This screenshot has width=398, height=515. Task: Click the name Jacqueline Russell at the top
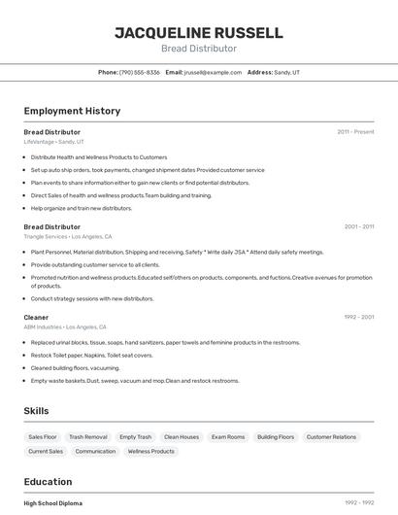[x=199, y=32]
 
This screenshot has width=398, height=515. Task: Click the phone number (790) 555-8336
[x=140, y=72]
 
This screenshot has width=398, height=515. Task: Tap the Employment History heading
[x=72, y=111]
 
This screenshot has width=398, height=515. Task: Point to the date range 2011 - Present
[x=355, y=131]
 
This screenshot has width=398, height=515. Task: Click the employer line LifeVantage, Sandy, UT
[x=53, y=142]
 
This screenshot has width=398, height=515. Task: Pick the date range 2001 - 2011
[x=359, y=226]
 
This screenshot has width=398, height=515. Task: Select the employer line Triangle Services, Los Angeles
[x=68, y=236]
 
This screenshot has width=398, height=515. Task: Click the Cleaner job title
[x=36, y=317]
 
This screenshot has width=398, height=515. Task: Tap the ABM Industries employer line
[x=65, y=327]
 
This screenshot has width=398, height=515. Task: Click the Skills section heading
[x=36, y=411]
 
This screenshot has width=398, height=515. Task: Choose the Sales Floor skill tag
[x=43, y=437]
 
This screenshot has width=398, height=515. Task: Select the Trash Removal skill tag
[x=88, y=437]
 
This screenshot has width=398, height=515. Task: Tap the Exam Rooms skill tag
[x=228, y=437]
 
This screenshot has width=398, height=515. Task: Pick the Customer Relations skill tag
[x=331, y=437]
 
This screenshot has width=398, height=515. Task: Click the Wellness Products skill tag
[x=151, y=451]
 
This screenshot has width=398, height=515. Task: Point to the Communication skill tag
[x=95, y=451]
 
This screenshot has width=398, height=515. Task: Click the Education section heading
[x=48, y=482]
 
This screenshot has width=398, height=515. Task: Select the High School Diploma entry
[x=53, y=503]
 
